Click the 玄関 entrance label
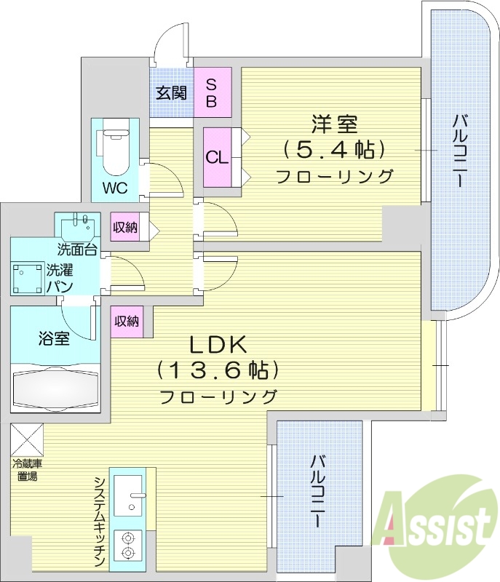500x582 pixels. (172, 92)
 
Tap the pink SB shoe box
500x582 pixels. (212, 92)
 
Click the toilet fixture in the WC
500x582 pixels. (114, 150)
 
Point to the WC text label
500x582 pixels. (114, 188)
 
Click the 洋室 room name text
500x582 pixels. (334, 124)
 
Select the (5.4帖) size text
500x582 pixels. (334, 150)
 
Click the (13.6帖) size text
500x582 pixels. (219, 371)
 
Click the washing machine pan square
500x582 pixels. (28, 278)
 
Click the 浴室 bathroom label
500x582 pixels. (54, 338)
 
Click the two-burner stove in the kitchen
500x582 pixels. (129, 546)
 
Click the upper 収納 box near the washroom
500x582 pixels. (125, 228)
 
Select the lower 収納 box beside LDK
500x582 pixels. (127, 321)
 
